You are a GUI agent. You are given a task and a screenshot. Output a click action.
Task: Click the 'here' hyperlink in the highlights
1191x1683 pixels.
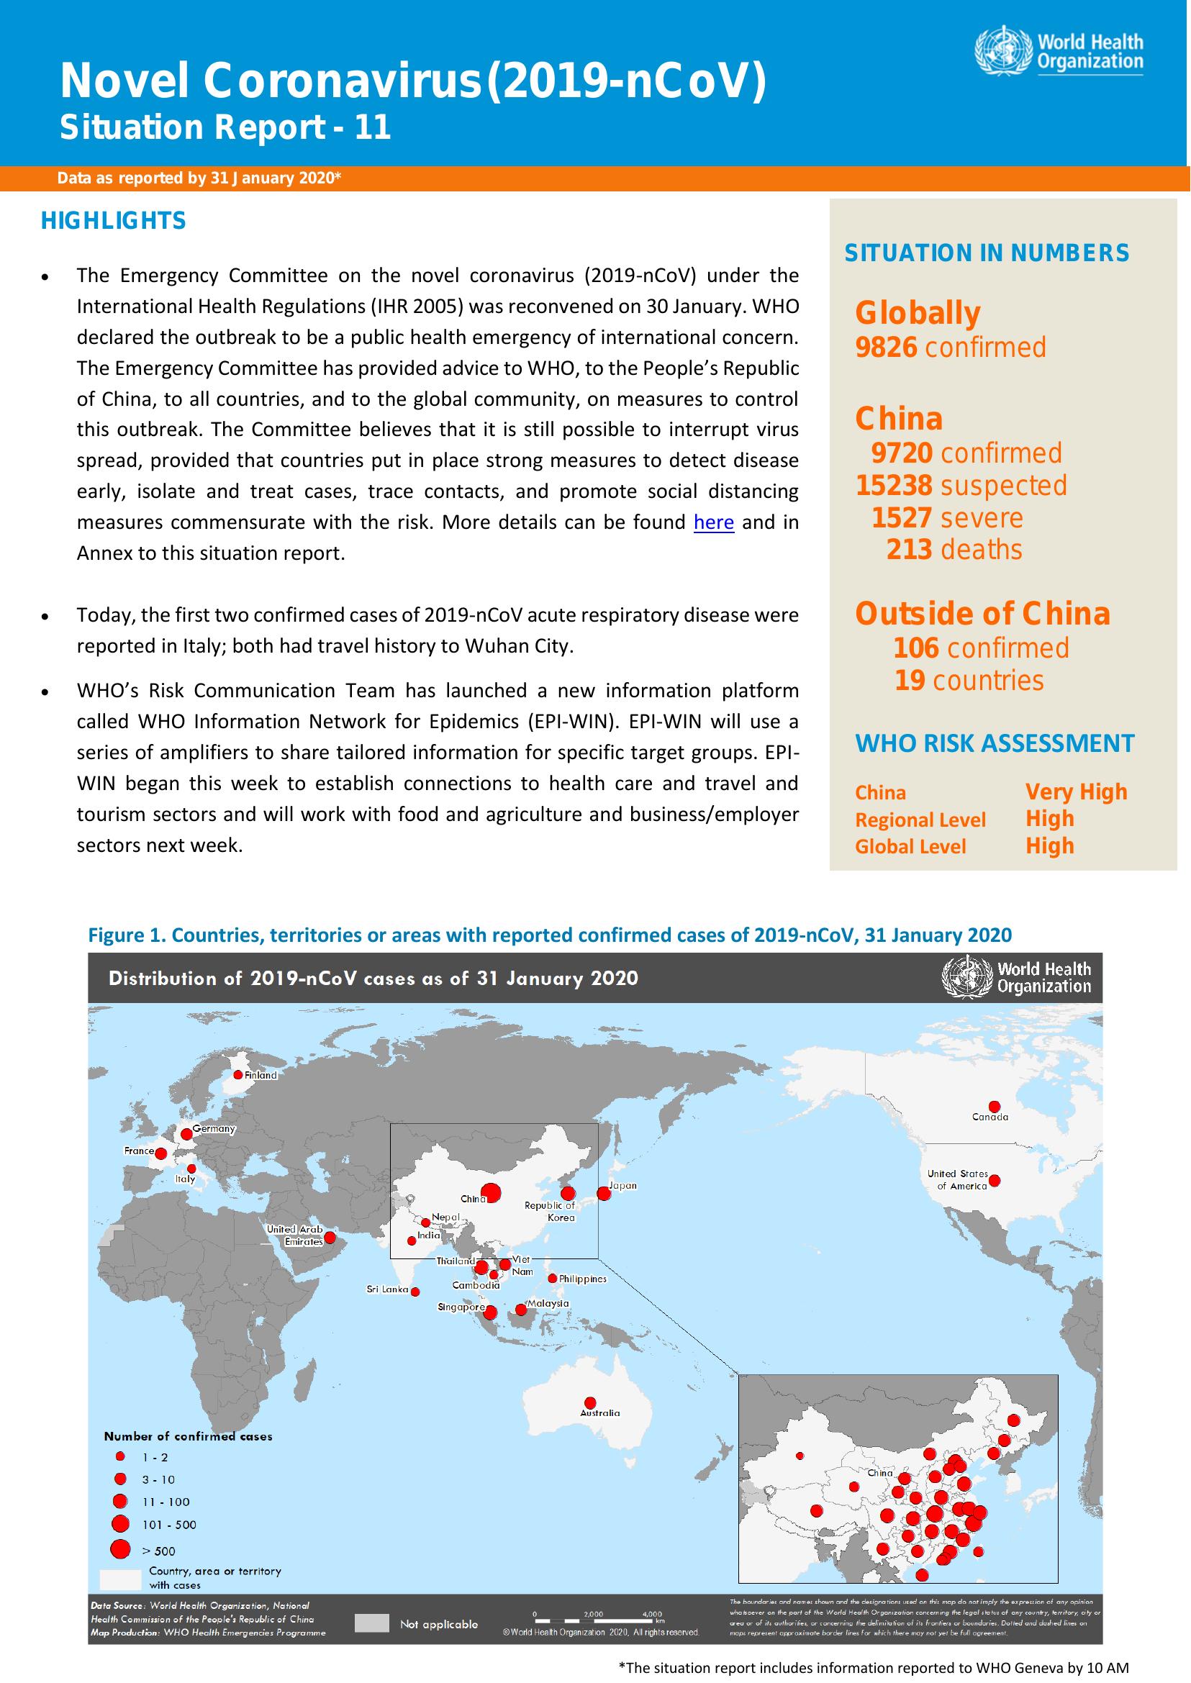(x=714, y=522)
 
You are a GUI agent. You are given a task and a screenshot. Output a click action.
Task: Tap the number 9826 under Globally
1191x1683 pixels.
(x=886, y=347)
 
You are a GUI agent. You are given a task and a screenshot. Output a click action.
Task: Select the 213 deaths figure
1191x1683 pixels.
(x=909, y=549)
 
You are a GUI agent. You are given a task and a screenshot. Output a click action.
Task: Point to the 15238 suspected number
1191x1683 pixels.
(x=894, y=485)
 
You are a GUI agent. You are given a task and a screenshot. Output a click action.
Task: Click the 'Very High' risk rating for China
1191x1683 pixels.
(x=1076, y=792)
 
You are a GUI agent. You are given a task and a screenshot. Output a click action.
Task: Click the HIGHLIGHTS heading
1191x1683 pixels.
(x=114, y=221)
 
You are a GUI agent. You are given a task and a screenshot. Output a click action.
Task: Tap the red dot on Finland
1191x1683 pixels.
(x=237, y=1074)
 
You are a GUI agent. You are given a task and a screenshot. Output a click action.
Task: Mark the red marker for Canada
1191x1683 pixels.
(x=995, y=1107)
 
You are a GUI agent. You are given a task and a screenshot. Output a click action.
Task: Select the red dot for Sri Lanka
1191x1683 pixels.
(x=416, y=1292)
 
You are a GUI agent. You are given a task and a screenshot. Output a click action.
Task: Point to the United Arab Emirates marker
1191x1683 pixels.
(x=330, y=1237)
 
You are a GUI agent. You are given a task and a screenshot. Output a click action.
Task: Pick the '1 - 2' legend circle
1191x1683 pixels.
(x=120, y=1456)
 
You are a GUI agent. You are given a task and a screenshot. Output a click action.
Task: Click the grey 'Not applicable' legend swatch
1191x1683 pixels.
(x=371, y=1623)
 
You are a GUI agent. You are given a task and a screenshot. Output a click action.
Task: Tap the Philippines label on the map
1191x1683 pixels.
(x=582, y=1279)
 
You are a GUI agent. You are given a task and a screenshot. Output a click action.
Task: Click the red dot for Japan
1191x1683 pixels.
(x=604, y=1193)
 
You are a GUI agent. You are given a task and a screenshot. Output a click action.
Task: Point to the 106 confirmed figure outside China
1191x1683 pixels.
(x=916, y=648)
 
